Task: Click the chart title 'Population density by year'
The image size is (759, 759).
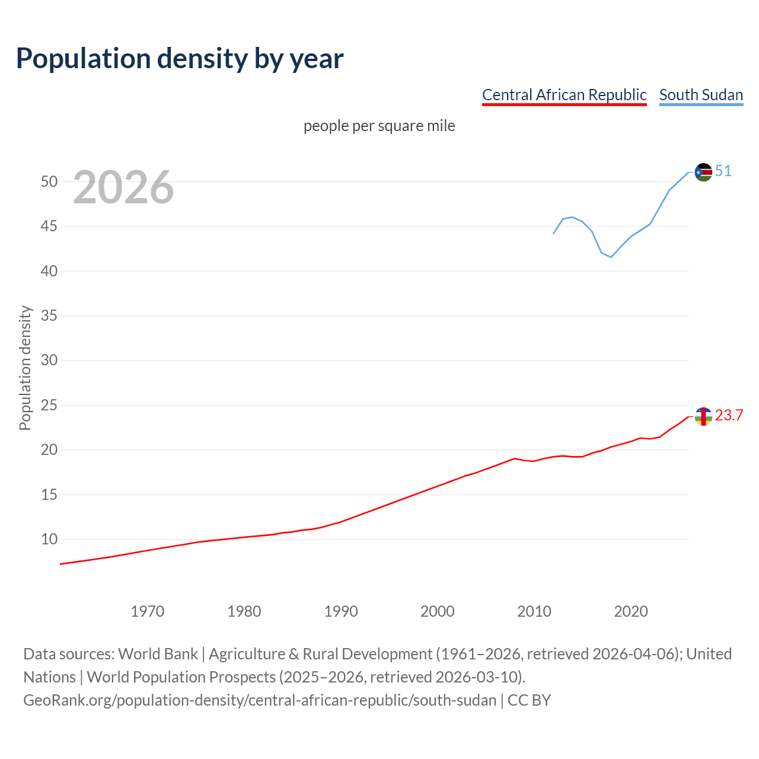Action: [x=180, y=58]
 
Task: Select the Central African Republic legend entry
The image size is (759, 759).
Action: [x=564, y=95]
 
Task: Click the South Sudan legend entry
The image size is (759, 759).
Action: [x=701, y=95]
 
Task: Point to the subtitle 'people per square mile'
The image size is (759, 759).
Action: [x=379, y=126]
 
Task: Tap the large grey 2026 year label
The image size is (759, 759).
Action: [x=123, y=187]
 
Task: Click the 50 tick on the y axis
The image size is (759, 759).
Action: [x=49, y=181]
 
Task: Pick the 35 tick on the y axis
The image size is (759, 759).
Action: [x=49, y=315]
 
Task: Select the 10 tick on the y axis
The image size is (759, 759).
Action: [x=49, y=539]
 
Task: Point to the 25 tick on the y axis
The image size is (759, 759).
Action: [x=49, y=405]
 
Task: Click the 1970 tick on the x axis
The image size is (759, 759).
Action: [x=147, y=611]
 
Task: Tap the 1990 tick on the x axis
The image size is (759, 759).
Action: [x=341, y=611]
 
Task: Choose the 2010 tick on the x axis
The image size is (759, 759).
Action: [x=534, y=611]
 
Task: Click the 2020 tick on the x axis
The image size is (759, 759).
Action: [x=631, y=611]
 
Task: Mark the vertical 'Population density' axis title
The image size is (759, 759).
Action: [x=25, y=368]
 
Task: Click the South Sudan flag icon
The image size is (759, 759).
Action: [x=703, y=172]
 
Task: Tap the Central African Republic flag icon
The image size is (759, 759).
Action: [x=703, y=416]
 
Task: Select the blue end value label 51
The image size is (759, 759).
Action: [x=723, y=171]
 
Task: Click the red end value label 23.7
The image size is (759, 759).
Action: [x=729, y=415]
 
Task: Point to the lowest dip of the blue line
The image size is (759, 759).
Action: [x=611, y=257]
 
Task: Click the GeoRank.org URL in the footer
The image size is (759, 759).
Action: [x=260, y=700]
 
